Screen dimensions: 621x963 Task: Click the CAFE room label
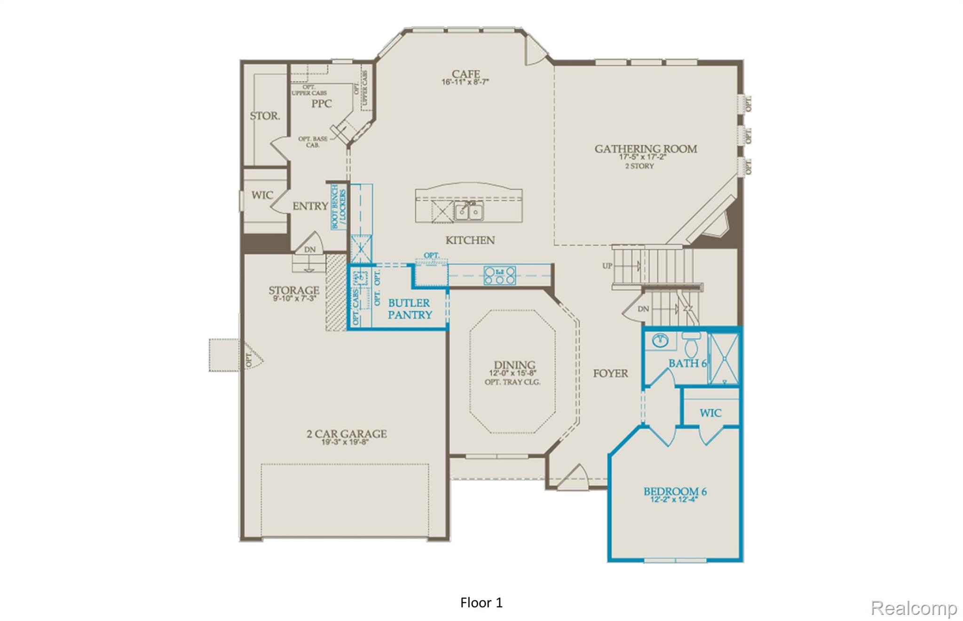(x=466, y=74)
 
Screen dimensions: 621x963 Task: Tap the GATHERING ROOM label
(x=646, y=149)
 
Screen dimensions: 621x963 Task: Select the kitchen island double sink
(x=468, y=211)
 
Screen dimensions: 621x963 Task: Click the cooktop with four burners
(x=499, y=275)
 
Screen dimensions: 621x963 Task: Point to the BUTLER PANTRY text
(x=410, y=309)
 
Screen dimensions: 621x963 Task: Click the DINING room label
(x=514, y=365)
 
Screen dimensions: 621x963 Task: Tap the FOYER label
(x=610, y=374)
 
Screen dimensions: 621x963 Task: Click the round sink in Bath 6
(x=660, y=340)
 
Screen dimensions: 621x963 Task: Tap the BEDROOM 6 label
(x=675, y=492)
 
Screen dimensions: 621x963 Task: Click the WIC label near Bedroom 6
(x=710, y=413)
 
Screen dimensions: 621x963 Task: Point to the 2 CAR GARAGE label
(x=347, y=434)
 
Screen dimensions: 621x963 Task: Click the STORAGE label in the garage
(x=294, y=291)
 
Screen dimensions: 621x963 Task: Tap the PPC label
(x=322, y=104)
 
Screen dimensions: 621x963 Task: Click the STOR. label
(x=265, y=116)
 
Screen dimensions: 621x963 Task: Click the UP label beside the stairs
(x=607, y=266)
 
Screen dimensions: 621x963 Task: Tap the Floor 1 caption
(x=481, y=603)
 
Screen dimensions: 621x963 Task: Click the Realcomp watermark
(x=913, y=608)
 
